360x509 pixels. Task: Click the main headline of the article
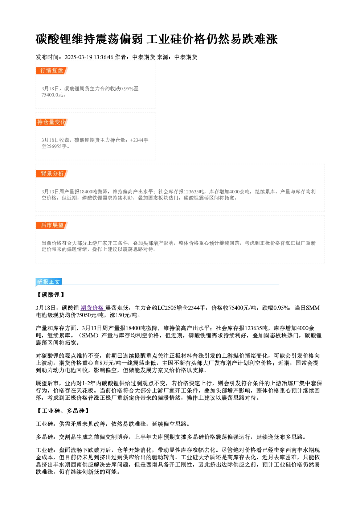pyautogui.click(x=156, y=39)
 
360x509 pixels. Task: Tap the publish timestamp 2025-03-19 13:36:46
pyautogui.click(x=89, y=57)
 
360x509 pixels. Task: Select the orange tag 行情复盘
pyautogui.click(x=52, y=71)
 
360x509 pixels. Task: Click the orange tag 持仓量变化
pyautogui.click(x=52, y=122)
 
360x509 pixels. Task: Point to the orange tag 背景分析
pyautogui.click(x=52, y=174)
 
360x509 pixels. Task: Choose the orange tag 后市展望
pyautogui.click(x=52, y=225)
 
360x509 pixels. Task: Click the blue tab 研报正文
pyautogui.click(x=49, y=282)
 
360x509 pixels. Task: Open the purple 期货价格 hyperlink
pyautogui.click(x=92, y=308)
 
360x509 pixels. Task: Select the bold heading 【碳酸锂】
pyautogui.click(x=50, y=295)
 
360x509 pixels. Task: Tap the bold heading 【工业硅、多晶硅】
pyautogui.click(x=63, y=411)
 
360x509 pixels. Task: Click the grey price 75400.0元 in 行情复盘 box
pyautogui.click(x=52, y=95)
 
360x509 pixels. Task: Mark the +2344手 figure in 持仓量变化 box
pyautogui.click(x=139, y=140)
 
